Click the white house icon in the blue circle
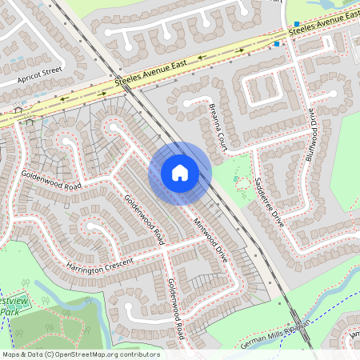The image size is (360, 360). [180, 173]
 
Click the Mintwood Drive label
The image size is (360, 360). [210, 230]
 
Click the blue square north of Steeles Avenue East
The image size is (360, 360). [297, 24]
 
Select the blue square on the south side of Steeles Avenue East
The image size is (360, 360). [278, 44]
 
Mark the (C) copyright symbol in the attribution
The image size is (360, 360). [50, 354]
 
